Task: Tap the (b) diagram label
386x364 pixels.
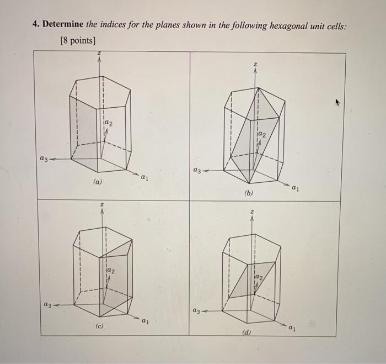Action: (x=249, y=194)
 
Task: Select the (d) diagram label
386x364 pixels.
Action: (x=246, y=333)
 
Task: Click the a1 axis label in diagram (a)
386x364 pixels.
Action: (x=145, y=178)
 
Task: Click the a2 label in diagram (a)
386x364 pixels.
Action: (x=109, y=122)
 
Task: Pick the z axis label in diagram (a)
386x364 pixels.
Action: (x=100, y=54)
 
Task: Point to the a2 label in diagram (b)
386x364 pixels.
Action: (x=262, y=134)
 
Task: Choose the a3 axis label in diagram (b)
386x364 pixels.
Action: (x=197, y=171)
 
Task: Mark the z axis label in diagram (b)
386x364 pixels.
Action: (x=255, y=66)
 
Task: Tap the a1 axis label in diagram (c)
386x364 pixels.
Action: (x=145, y=320)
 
